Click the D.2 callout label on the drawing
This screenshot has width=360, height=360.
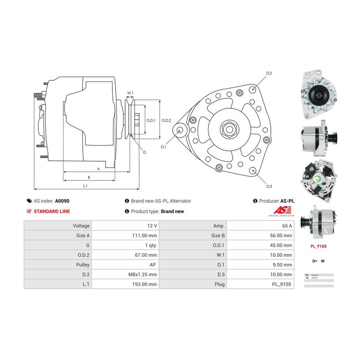(269, 73)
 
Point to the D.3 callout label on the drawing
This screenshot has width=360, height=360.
(269, 186)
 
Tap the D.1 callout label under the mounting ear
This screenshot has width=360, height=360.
(163, 147)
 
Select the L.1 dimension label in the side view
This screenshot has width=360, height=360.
(85, 186)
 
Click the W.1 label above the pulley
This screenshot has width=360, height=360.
(130, 93)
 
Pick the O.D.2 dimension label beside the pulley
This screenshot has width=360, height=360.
(166, 120)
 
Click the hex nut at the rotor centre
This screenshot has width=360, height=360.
(229, 130)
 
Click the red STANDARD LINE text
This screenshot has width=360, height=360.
(52, 212)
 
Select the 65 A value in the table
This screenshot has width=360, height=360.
(287, 226)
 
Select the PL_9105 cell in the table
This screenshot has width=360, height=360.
(282, 284)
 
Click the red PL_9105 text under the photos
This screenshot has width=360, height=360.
(319, 246)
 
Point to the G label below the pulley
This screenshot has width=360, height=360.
(144, 152)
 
